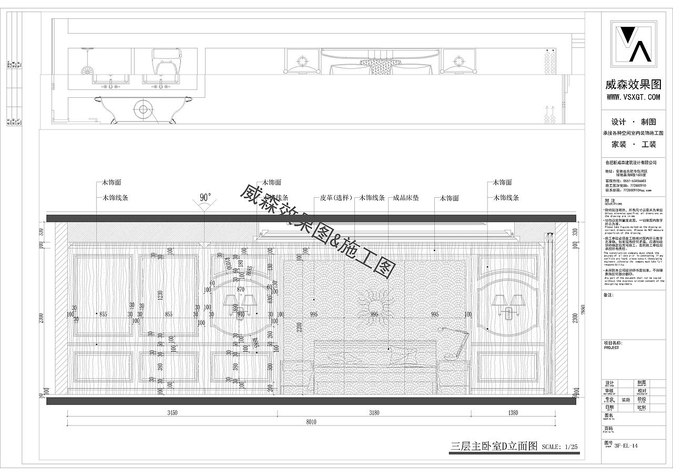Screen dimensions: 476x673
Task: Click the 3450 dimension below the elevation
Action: coord(172,413)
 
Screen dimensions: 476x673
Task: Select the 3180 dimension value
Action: coord(374,413)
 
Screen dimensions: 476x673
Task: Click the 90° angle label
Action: coord(206,198)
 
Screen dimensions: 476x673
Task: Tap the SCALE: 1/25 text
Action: coord(559,448)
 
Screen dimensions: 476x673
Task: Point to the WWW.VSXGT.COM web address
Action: coord(633,97)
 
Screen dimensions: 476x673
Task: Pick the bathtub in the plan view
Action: coord(142,110)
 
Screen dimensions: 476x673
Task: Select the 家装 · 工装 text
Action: coord(633,144)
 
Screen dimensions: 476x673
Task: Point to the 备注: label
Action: coord(609,295)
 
